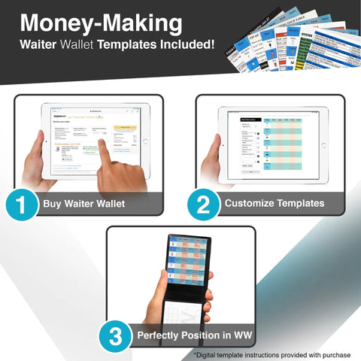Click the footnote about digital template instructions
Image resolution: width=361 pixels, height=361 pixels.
[273, 354]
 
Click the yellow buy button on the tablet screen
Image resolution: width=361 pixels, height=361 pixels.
[123, 128]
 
